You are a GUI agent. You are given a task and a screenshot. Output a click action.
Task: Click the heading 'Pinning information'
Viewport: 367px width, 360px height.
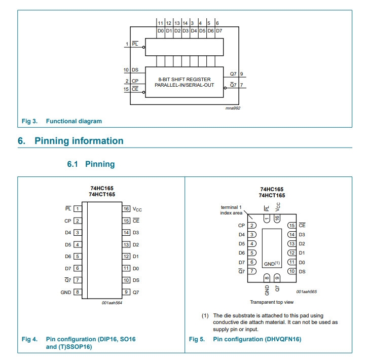point(79,141)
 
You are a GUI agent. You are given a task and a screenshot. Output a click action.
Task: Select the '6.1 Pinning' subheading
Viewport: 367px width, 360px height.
point(91,164)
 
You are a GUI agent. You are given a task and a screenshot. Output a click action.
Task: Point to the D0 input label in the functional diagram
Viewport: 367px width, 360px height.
point(160,31)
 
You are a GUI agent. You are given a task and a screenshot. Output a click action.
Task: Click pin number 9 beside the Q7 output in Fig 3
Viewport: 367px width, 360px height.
point(241,74)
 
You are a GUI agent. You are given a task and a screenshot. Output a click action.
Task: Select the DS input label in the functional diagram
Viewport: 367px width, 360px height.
point(135,70)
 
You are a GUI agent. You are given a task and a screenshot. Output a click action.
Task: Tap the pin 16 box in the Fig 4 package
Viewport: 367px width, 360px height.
point(126,208)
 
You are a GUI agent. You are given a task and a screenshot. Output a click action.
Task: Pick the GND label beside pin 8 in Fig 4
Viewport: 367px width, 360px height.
point(66,292)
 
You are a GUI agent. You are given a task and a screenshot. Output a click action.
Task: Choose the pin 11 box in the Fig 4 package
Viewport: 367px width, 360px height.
point(126,268)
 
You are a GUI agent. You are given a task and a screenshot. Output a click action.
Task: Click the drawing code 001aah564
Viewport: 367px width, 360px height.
point(112,303)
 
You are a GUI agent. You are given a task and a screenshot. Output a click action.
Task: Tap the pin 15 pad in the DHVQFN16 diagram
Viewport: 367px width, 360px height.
point(291,225)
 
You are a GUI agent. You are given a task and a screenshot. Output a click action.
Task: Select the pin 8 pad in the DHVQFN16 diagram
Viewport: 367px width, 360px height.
point(267,277)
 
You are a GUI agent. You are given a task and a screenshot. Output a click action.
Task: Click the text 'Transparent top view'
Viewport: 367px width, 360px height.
point(272,302)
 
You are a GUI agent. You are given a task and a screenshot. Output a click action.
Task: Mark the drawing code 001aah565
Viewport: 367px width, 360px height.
point(307,292)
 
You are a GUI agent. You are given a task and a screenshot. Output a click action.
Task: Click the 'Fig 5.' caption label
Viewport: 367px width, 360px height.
point(197,339)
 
